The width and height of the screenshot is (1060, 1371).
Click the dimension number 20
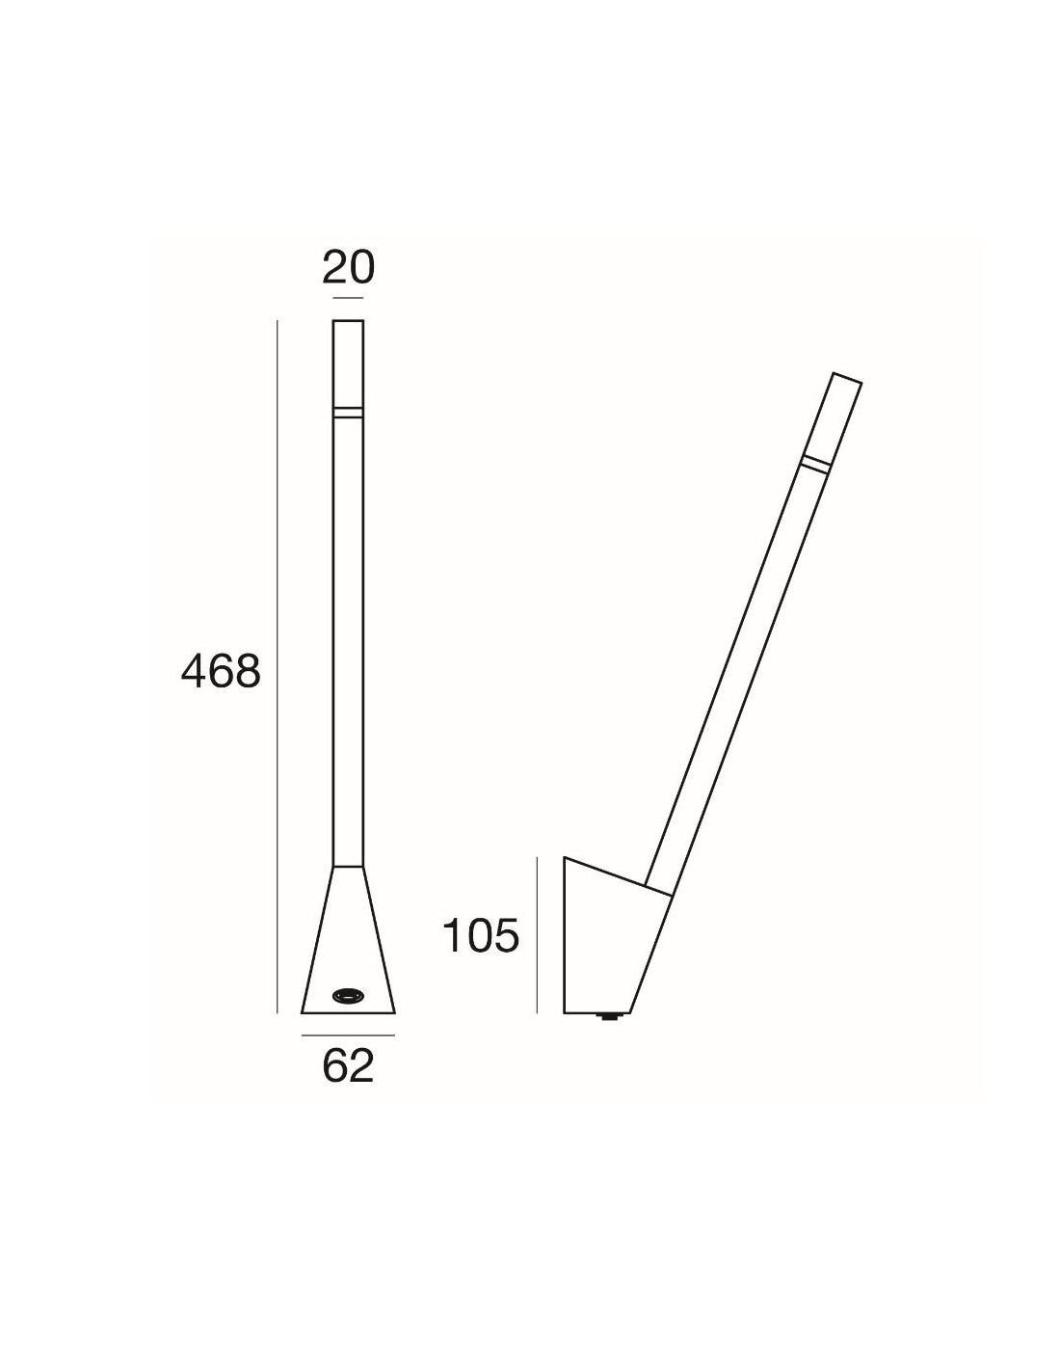(x=348, y=268)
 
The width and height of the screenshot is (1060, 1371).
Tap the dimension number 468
(x=221, y=671)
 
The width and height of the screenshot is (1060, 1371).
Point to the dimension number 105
(x=481, y=935)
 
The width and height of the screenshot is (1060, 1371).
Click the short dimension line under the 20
(x=348, y=298)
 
